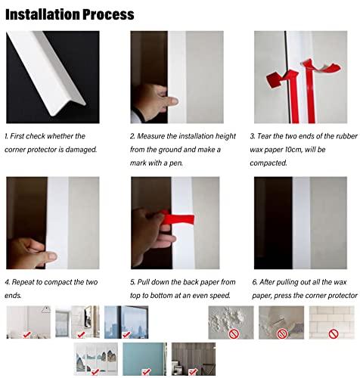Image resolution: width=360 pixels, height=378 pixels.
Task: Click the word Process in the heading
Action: point(109,14)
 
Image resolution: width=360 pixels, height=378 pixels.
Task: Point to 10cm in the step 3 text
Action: point(293,150)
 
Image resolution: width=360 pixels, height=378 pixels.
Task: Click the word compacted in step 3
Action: point(268,163)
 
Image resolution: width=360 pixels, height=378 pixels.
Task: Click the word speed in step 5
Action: point(219,296)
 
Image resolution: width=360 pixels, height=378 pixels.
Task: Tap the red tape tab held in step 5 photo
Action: point(179,218)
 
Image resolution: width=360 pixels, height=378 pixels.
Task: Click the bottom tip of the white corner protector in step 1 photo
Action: point(54,115)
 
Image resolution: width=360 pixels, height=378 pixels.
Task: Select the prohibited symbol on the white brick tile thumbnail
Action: point(334,334)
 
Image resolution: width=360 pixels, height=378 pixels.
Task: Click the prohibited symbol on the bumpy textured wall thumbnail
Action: point(234,334)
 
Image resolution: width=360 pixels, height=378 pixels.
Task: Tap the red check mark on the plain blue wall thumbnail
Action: point(147,371)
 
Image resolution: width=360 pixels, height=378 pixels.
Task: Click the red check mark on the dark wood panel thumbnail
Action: point(193,371)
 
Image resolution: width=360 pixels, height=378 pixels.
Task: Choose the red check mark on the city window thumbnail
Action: point(126,335)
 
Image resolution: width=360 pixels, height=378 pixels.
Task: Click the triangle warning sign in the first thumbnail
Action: point(46,309)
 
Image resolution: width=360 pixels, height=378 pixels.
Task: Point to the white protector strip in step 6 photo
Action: point(301,223)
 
